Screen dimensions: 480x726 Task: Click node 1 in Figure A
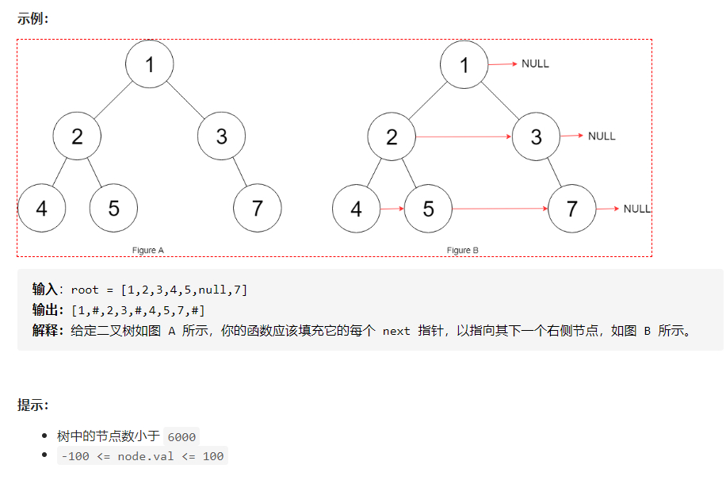click(150, 64)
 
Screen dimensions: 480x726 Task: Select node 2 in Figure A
click(77, 136)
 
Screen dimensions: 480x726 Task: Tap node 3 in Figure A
click(222, 136)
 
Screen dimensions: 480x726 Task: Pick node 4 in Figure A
click(41, 209)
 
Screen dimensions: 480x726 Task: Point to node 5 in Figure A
click(113, 209)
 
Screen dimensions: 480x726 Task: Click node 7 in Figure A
click(258, 209)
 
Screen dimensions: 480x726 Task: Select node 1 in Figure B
click(464, 64)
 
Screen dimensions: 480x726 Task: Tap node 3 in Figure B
click(537, 136)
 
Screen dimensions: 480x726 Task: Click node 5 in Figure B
click(428, 209)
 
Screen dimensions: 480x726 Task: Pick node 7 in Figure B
click(572, 209)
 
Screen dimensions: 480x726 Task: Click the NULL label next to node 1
click(535, 63)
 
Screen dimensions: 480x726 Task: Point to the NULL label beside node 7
click(636, 209)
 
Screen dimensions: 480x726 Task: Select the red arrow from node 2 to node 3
click(464, 136)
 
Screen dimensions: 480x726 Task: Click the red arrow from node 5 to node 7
click(499, 209)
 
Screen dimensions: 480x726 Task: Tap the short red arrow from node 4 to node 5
click(392, 209)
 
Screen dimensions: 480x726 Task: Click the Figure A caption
click(148, 250)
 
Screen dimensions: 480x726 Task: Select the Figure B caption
click(463, 250)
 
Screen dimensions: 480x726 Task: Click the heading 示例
click(32, 18)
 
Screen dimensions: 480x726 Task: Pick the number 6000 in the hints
click(181, 436)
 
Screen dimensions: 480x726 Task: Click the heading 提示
click(32, 405)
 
